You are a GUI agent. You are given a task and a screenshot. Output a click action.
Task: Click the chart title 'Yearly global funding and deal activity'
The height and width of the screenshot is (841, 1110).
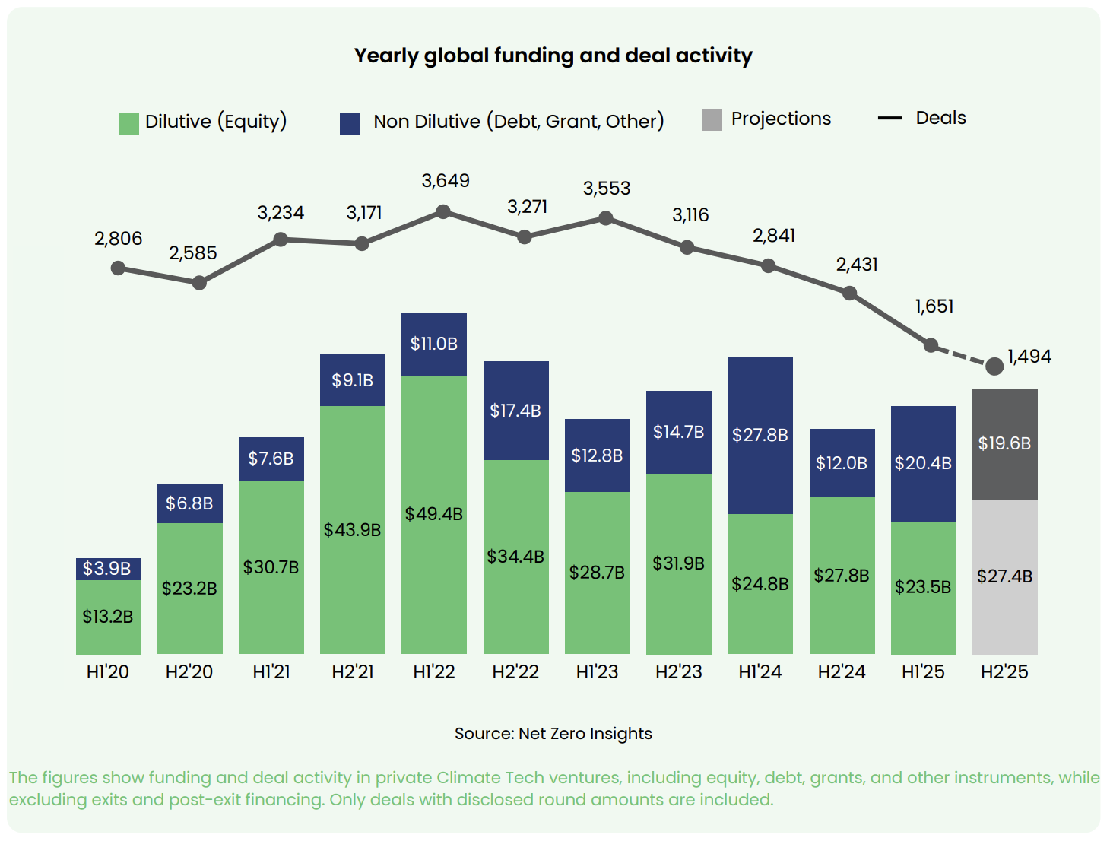point(553,56)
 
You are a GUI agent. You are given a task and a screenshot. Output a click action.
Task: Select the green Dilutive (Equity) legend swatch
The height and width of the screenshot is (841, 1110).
point(128,124)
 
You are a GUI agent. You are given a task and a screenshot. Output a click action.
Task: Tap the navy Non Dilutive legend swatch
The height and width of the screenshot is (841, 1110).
point(350,124)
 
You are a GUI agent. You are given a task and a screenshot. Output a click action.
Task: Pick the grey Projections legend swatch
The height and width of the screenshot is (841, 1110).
point(712,119)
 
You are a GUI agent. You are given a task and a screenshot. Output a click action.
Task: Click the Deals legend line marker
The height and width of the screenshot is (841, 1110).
point(890,119)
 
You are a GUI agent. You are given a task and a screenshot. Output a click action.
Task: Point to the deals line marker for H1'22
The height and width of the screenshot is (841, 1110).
point(443,211)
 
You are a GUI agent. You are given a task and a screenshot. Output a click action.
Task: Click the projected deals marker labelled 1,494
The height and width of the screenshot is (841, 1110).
point(994,367)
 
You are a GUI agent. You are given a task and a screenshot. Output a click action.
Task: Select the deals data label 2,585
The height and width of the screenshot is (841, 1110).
point(192,253)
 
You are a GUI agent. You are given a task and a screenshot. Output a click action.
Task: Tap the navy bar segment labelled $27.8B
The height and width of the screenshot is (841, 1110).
point(760,435)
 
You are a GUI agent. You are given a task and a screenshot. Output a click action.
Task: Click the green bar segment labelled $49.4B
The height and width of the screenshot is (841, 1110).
point(433,515)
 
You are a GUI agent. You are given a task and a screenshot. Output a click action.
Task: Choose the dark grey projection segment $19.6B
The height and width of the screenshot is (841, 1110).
point(1004,443)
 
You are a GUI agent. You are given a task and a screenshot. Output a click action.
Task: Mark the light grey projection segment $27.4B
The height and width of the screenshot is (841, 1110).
point(1004,576)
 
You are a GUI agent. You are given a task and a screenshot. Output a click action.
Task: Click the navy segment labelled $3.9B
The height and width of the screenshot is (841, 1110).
point(108,569)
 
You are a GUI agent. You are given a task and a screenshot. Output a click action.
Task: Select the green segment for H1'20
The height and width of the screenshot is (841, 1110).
point(108,617)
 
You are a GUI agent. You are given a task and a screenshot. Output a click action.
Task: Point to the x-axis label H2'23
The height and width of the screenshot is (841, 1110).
point(678,672)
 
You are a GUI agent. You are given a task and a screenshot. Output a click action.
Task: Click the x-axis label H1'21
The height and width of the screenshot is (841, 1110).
point(271,672)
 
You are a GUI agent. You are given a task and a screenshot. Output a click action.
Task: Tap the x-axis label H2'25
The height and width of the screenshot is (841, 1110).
point(1004,672)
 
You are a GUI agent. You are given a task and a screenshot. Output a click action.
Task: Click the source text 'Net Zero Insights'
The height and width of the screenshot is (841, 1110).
point(585,734)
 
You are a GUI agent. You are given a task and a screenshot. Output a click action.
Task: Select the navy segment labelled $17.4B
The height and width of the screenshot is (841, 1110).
point(515,411)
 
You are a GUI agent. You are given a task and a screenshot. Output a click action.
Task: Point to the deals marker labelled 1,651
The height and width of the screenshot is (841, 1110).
point(931,345)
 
